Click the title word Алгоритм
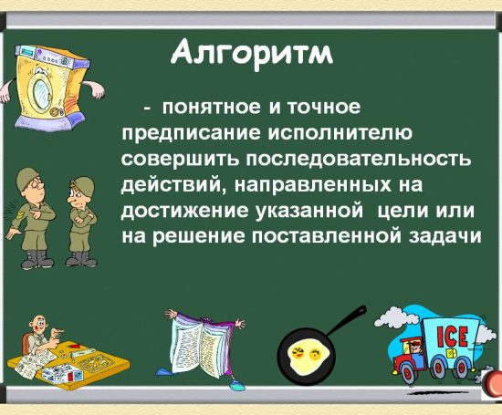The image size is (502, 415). pyautogui.click(x=253, y=54)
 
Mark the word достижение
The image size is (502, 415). pyautogui.click(x=180, y=212)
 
